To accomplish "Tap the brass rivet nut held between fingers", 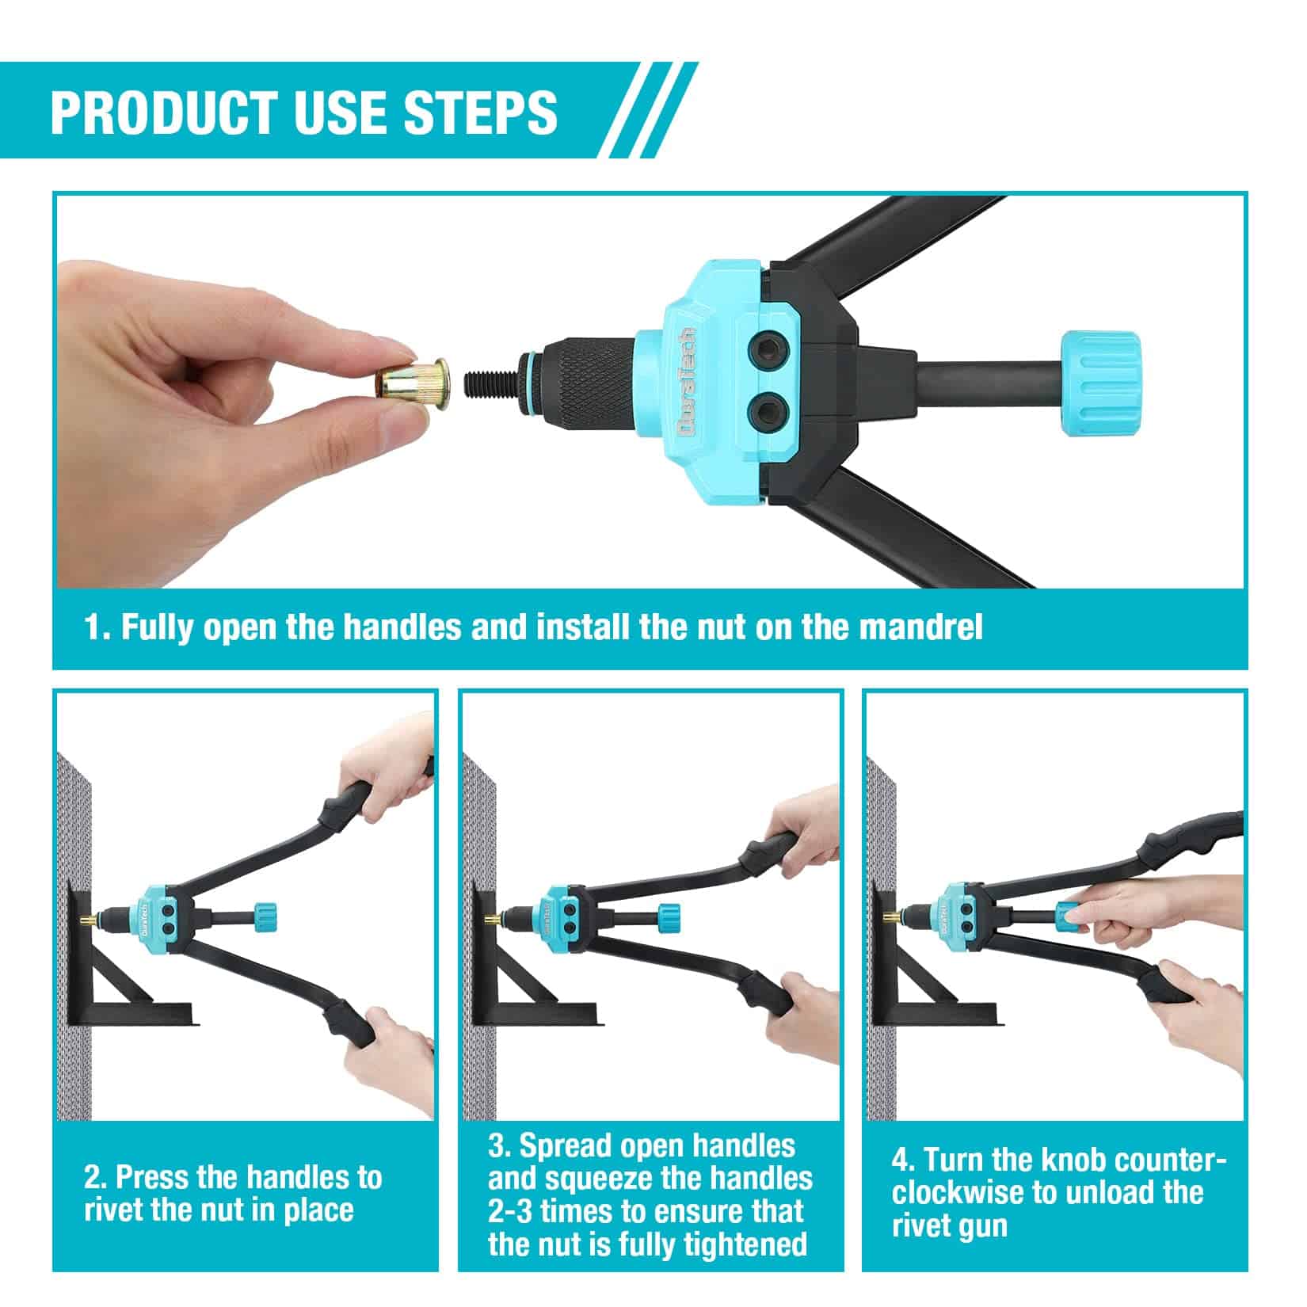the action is (x=412, y=382).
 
